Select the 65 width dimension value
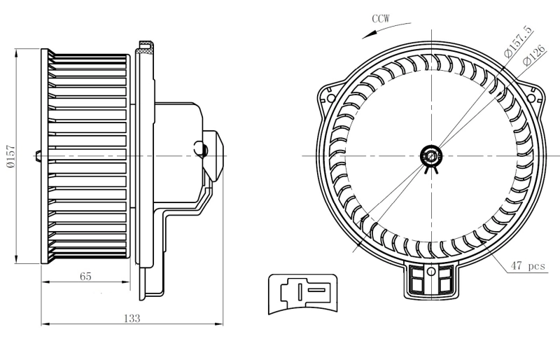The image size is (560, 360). pyautogui.click(x=85, y=276)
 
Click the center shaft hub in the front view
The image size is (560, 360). pyautogui.click(x=431, y=155)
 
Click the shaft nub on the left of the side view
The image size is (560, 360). pyautogui.click(x=38, y=155)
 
